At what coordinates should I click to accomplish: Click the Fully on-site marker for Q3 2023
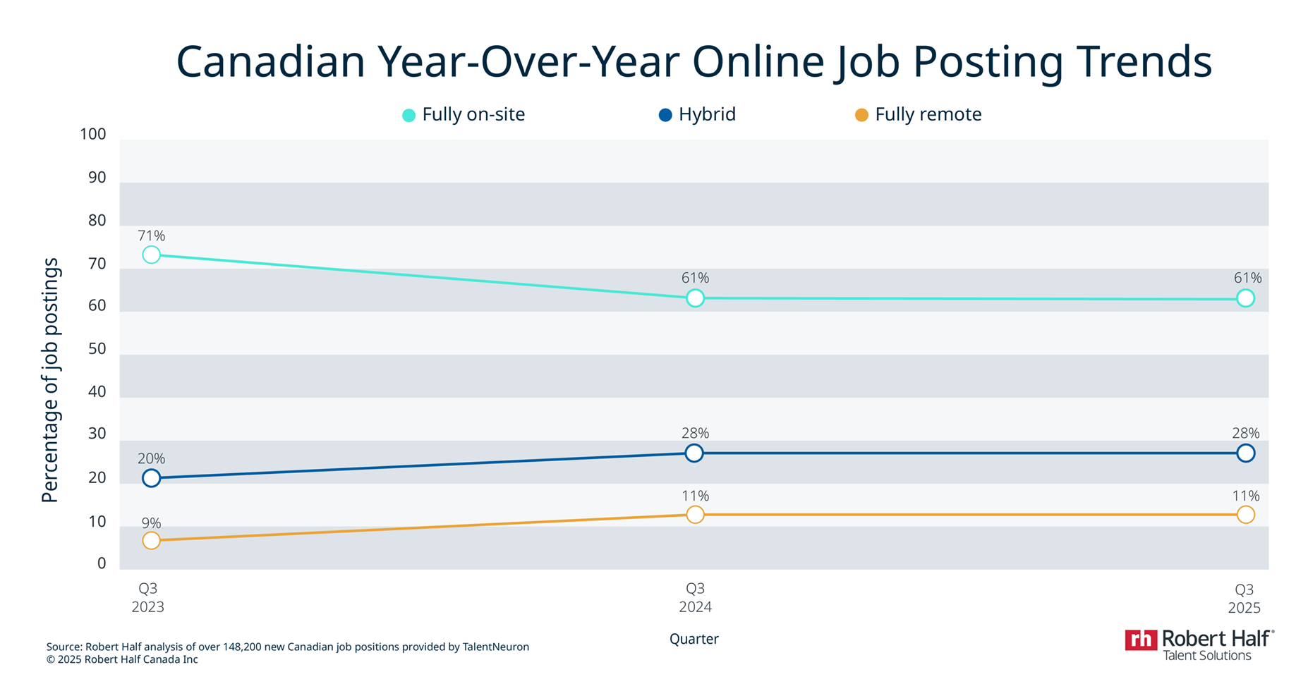tap(151, 255)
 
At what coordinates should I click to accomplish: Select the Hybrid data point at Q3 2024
tap(694, 453)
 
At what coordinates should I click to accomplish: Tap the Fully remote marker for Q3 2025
tap(1246, 515)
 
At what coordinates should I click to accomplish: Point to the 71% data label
tap(151, 236)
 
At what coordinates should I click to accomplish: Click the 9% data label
tap(151, 523)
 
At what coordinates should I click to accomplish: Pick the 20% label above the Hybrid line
tap(151, 458)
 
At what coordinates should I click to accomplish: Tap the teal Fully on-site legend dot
tap(408, 115)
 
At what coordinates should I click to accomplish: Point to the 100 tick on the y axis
tap(93, 134)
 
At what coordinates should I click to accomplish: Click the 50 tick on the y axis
tap(97, 349)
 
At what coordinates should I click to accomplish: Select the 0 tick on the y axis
tap(102, 563)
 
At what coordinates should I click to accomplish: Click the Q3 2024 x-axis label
tap(695, 597)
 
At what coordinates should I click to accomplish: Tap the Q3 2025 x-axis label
tap(1244, 598)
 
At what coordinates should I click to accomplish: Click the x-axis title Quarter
tap(694, 639)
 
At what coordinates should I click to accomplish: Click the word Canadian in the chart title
tap(270, 61)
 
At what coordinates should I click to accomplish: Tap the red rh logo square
tap(1140, 640)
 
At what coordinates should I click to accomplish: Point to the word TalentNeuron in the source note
tap(495, 647)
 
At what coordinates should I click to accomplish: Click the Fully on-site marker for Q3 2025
tap(1246, 298)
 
